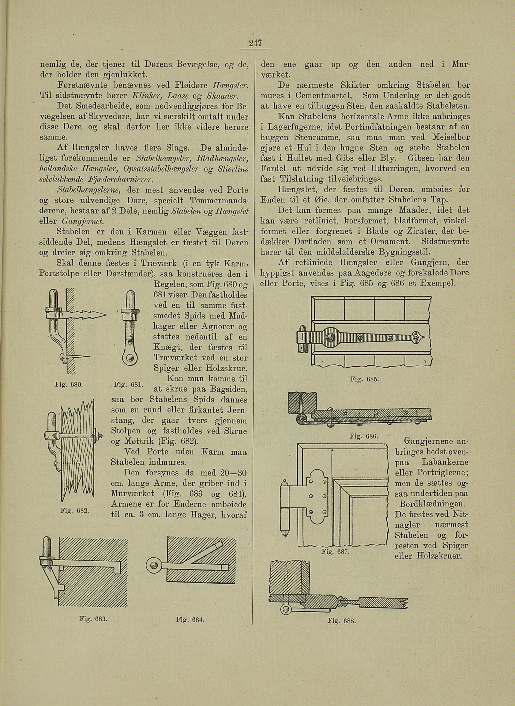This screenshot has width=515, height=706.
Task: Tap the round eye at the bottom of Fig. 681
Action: (131, 358)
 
